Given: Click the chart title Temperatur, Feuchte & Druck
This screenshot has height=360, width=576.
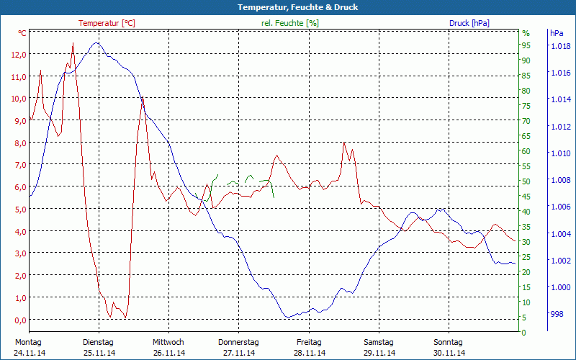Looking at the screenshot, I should (x=288, y=7).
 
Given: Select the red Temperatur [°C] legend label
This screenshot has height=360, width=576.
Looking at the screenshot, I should (x=107, y=23).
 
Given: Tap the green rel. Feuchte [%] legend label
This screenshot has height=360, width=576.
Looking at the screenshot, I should (x=290, y=23).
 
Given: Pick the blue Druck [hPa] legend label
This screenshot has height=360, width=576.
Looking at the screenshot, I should (x=469, y=23).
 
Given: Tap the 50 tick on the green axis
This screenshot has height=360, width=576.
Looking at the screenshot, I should (x=526, y=181).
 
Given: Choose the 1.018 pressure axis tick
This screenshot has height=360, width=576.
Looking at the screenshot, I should (x=560, y=47).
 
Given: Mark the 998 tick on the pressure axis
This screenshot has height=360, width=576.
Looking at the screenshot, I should (x=557, y=314).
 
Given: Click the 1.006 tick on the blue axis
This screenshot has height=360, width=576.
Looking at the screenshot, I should (x=560, y=207).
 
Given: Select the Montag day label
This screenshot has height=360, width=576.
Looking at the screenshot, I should (x=27, y=342).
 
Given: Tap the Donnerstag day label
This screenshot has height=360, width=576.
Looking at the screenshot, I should (x=238, y=342).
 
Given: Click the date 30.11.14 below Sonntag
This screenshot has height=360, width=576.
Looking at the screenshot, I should (x=449, y=353).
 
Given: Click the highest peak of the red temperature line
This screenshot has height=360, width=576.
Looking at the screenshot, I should (x=73, y=44).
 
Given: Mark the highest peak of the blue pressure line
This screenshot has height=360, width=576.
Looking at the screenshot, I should (x=96, y=43).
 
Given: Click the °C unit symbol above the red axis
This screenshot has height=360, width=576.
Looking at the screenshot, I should (x=22, y=33).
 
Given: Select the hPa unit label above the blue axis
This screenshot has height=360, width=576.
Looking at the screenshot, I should (x=557, y=33).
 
